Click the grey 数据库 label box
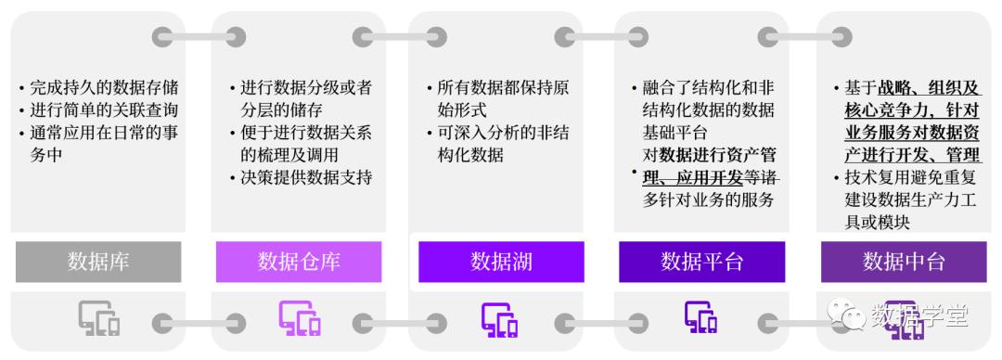(x=97, y=262)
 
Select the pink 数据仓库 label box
(x=299, y=262)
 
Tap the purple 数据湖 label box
(x=501, y=262)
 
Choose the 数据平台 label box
(x=701, y=262)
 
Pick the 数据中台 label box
(x=904, y=262)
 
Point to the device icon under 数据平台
(x=702, y=318)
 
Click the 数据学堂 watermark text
(x=918, y=316)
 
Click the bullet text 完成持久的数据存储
(x=103, y=88)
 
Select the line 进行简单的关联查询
(x=103, y=110)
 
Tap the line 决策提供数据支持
(x=306, y=177)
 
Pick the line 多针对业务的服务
(x=709, y=199)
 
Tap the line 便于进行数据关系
(x=306, y=133)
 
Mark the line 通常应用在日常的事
(x=103, y=133)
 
